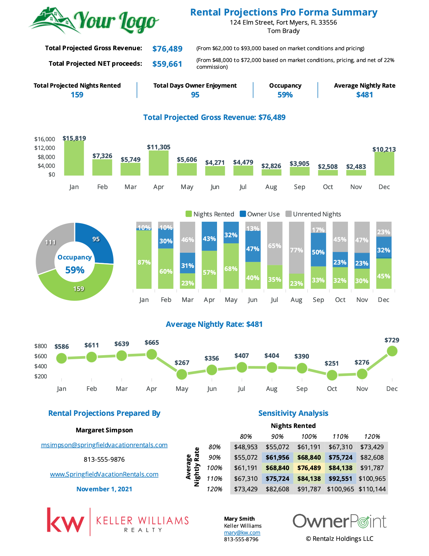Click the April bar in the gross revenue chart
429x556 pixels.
tap(158, 163)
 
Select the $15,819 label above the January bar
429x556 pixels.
tap(74, 138)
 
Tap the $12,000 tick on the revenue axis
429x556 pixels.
tap(45, 148)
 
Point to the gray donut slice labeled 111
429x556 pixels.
tap(48, 246)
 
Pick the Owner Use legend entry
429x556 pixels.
tap(260, 214)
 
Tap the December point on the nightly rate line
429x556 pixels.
tap(392, 351)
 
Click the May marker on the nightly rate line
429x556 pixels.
tap(182, 375)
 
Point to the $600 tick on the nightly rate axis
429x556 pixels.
tap(41, 356)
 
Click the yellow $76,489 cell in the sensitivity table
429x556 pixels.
tap(309, 468)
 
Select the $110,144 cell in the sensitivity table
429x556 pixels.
tap(372, 489)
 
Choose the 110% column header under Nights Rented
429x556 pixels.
tap(340, 436)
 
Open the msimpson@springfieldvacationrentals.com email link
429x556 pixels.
tap(104, 445)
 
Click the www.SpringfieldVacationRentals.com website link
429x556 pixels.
tap(104, 474)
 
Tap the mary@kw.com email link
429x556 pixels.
tap(242, 532)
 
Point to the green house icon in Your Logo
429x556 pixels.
tap(53, 19)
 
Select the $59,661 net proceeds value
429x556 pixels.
tap(167, 64)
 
